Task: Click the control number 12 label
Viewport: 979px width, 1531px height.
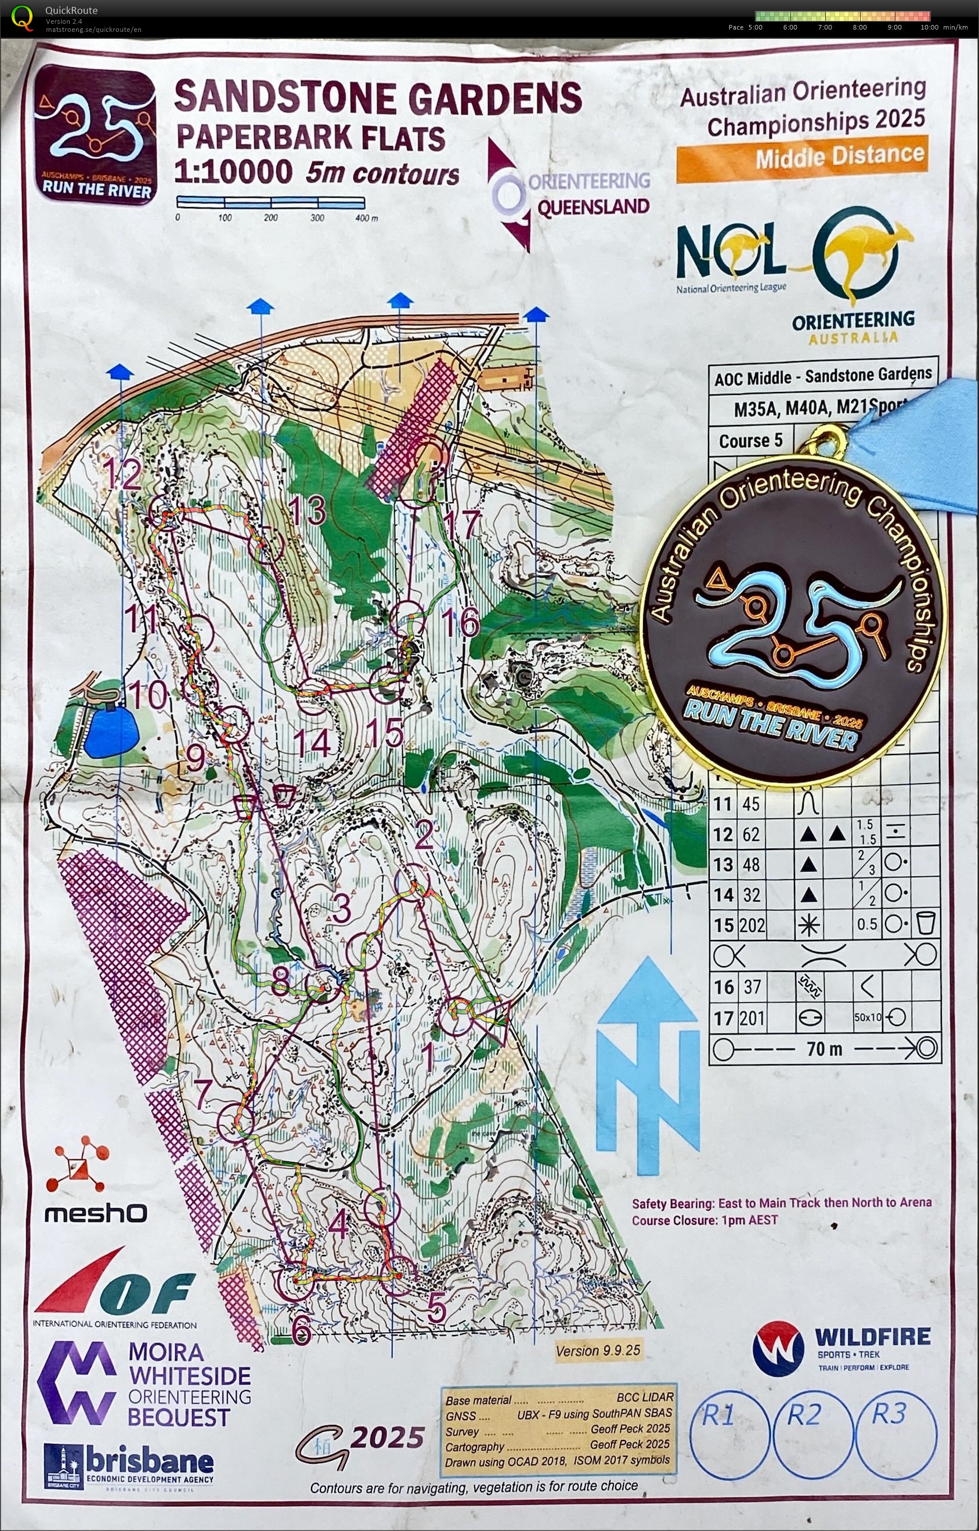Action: click(121, 473)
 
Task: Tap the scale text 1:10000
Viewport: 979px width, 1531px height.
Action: click(233, 172)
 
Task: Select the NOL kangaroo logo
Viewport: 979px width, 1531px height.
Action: click(732, 255)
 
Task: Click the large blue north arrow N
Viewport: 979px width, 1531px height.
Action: click(648, 1068)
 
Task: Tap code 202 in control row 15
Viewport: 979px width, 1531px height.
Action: click(752, 925)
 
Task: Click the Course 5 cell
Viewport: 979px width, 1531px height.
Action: click(750, 441)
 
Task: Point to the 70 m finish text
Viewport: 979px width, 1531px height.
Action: click(825, 1049)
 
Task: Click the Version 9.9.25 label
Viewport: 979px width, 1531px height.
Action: click(598, 1351)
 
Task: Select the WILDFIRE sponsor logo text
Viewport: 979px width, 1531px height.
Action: click(872, 1337)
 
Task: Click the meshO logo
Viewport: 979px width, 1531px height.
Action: click(95, 1213)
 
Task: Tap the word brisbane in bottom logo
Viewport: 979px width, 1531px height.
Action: click(150, 1460)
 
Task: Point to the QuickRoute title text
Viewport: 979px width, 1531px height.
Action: click(71, 10)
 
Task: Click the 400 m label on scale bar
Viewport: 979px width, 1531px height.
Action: click(366, 218)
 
